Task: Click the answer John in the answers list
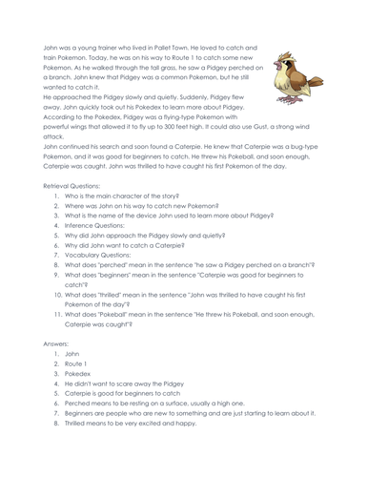click(x=72, y=354)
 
